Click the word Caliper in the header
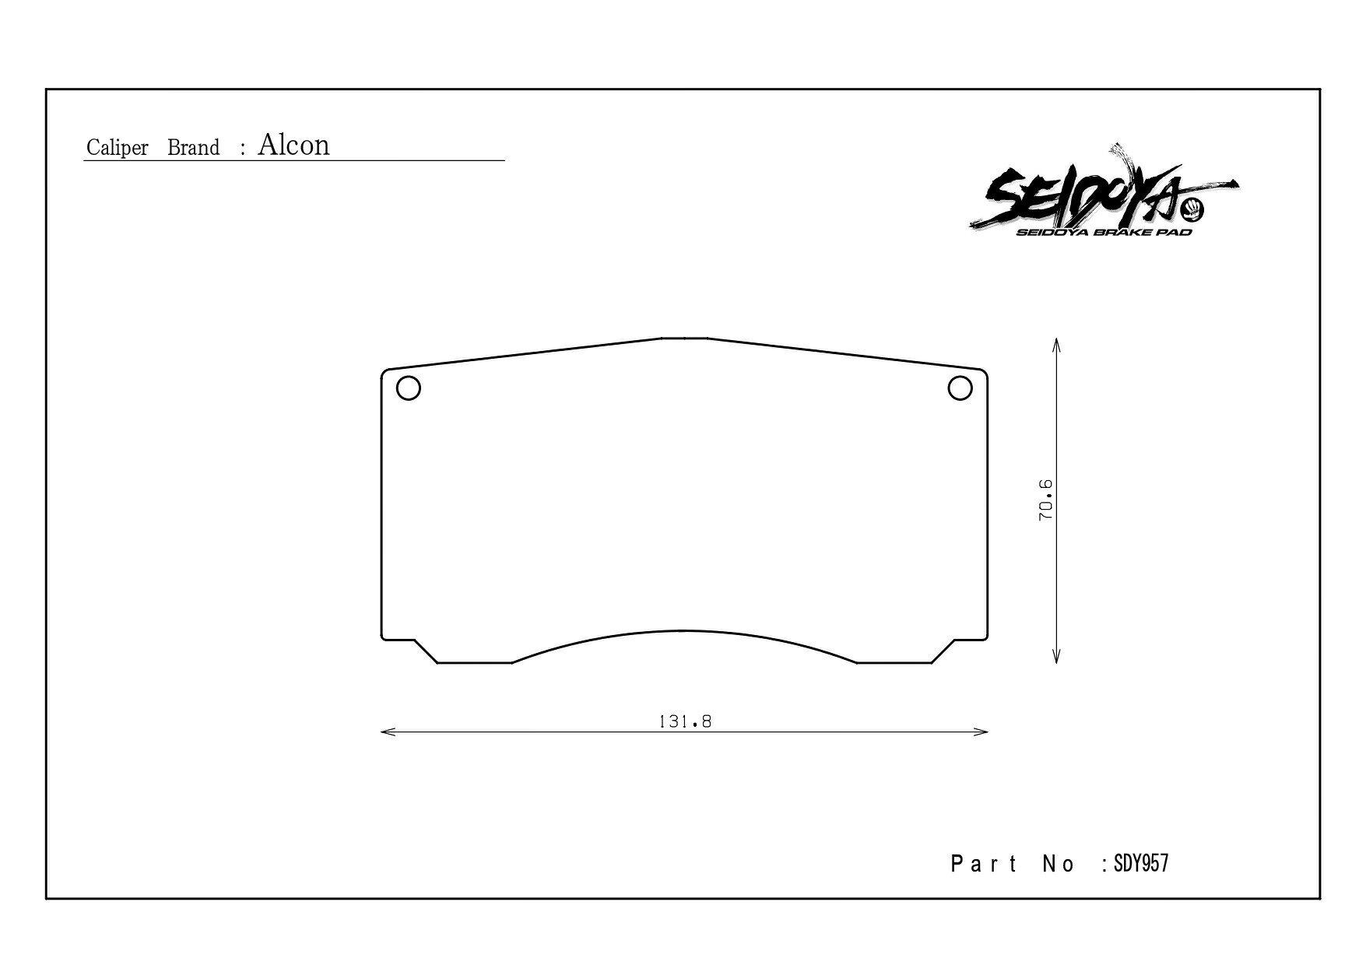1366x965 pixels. pyautogui.click(x=117, y=148)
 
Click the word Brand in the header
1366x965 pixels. pyautogui.click(x=194, y=148)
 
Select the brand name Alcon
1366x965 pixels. pyautogui.click(x=293, y=145)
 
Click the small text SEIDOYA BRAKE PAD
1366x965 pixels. pyautogui.click(x=1104, y=232)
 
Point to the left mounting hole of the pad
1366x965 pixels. pyautogui.click(x=409, y=388)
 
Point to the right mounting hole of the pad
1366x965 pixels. pyautogui.click(x=960, y=388)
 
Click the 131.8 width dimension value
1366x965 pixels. pyautogui.click(x=685, y=721)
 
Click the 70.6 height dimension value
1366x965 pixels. pyautogui.click(x=1045, y=500)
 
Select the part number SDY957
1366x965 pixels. pyautogui.click(x=1141, y=864)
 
